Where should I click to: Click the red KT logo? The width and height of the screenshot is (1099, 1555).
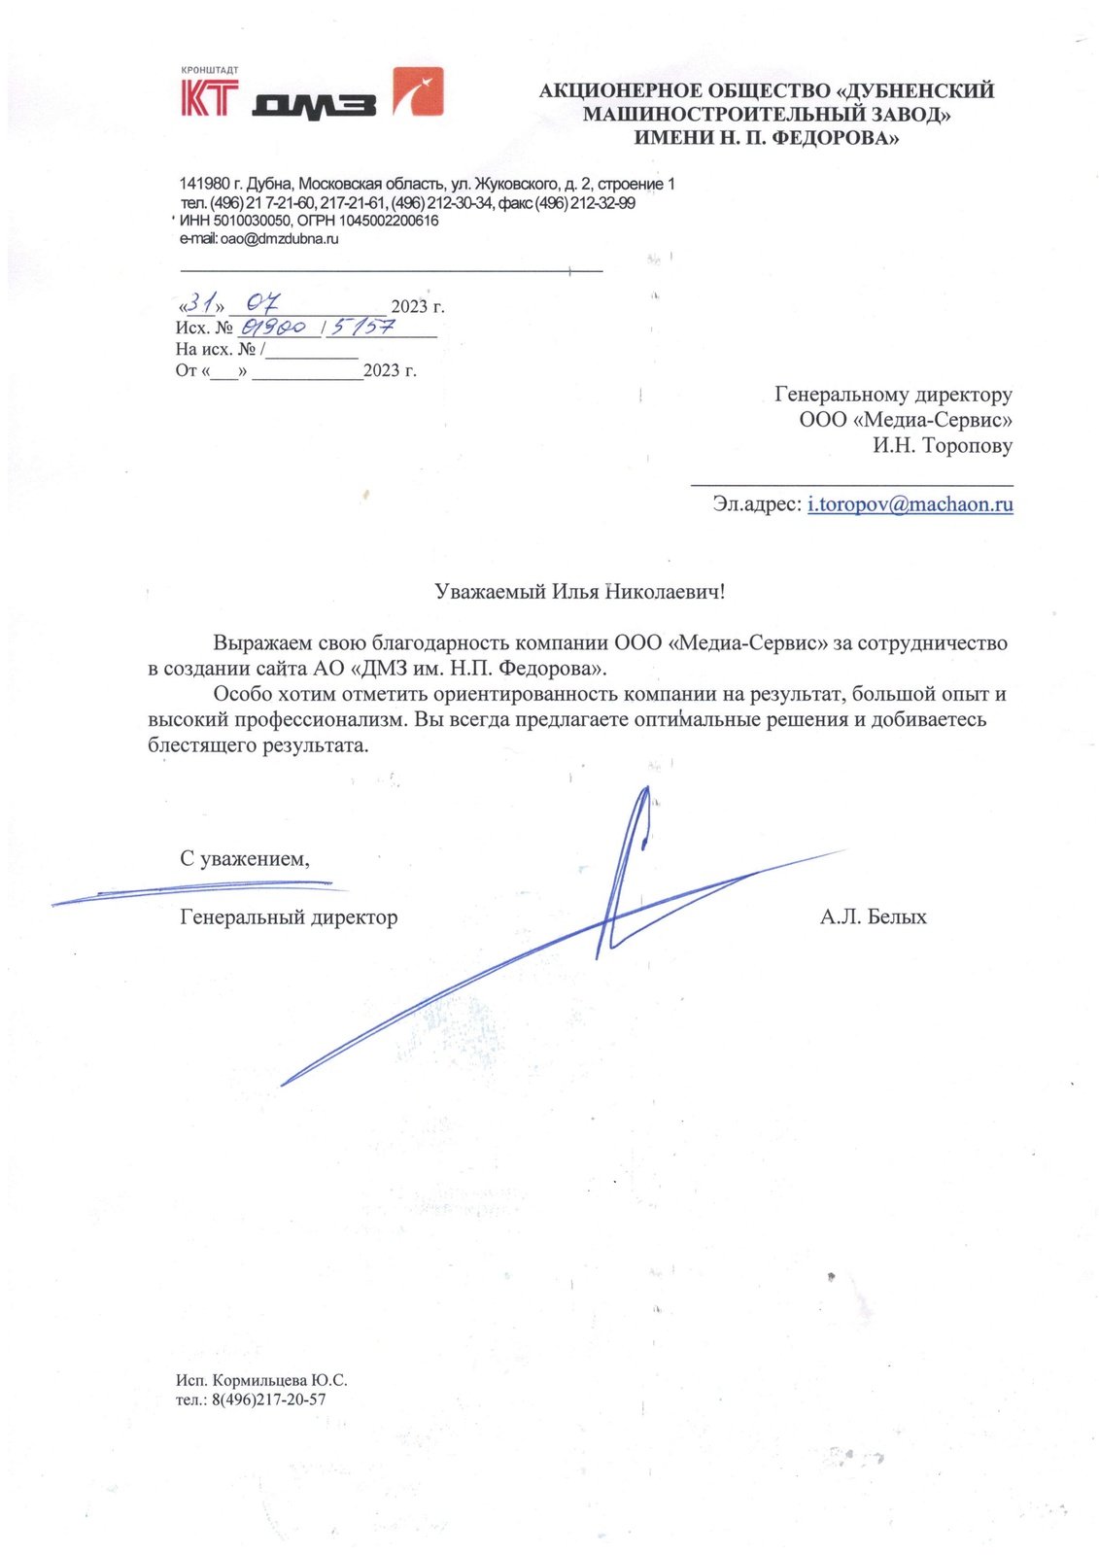(x=209, y=98)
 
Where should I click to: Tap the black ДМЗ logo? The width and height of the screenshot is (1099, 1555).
(x=313, y=105)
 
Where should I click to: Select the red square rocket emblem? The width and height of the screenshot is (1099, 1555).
(x=418, y=92)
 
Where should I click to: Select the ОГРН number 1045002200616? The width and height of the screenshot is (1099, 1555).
(x=388, y=221)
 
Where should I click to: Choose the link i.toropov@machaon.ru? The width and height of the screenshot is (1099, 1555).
(x=910, y=504)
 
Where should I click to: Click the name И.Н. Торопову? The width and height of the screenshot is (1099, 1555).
(x=942, y=446)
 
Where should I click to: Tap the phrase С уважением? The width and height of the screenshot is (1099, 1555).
(x=245, y=859)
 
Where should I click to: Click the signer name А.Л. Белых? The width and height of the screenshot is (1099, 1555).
(x=873, y=916)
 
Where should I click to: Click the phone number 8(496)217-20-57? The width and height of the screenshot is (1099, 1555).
(x=268, y=1399)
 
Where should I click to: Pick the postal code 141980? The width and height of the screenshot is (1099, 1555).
(x=204, y=184)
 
